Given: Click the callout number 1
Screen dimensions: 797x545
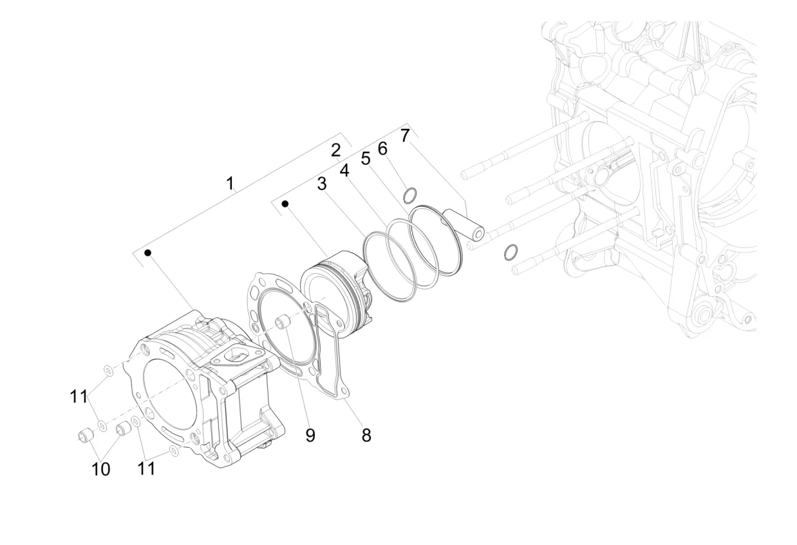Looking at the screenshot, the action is [x=230, y=184].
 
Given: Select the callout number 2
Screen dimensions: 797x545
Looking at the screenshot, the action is [x=335, y=150].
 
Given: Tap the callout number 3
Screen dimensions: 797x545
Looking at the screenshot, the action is [x=322, y=184].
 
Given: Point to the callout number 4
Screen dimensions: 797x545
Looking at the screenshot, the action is [x=344, y=171].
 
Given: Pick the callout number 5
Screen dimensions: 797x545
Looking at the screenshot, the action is [x=366, y=158].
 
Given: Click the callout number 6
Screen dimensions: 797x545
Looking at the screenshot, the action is [x=382, y=148].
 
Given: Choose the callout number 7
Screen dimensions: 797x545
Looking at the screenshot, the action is [x=405, y=136].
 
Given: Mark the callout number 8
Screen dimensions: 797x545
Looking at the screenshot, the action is [x=366, y=435].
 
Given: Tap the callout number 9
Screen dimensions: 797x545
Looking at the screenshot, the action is [x=310, y=435].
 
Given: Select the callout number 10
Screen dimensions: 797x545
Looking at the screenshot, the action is [x=100, y=469].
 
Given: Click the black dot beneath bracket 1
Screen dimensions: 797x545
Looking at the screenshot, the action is [x=147, y=253].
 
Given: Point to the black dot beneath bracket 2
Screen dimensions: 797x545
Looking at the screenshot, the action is [x=285, y=204].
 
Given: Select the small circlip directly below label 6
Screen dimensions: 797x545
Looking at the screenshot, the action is [x=409, y=195].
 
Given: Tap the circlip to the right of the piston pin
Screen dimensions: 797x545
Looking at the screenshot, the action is [x=511, y=253].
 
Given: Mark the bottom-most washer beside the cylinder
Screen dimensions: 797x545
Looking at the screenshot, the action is [x=174, y=451].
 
